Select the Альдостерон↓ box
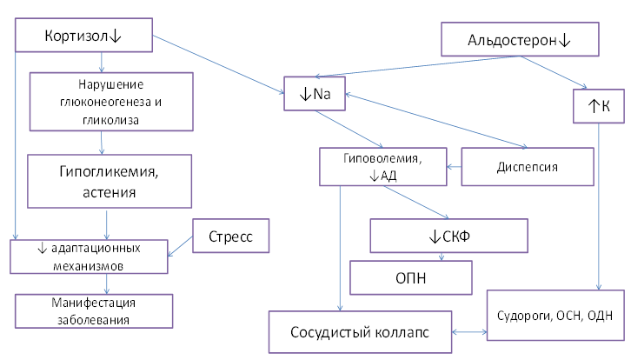click(x=520, y=39)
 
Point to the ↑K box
click(x=600, y=104)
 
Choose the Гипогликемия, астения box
click(x=110, y=182)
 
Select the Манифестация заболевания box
click(x=94, y=309)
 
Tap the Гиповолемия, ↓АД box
click(x=382, y=165)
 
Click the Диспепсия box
click(x=521, y=165)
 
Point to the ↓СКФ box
click(x=449, y=235)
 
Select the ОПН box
click(x=411, y=277)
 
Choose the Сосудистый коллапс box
click(x=359, y=331)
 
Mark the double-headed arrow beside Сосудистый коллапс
click(x=469, y=332)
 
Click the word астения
click(x=110, y=191)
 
